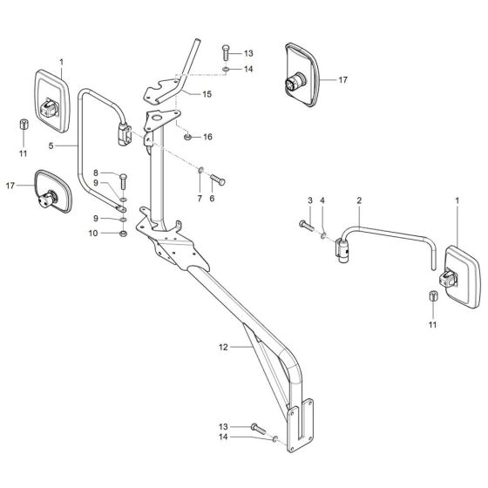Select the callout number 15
pyautogui.click(x=207, y=93)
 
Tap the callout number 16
pyautogui.click(x=207, y=137)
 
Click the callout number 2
pyautogui.click(x=358, y=200)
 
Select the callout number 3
pyautogui.click(x=308, y=201)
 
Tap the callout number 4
pyautogui.click(x=324, y=201)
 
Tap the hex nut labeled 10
pyautogui.click(x=123, y=234)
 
